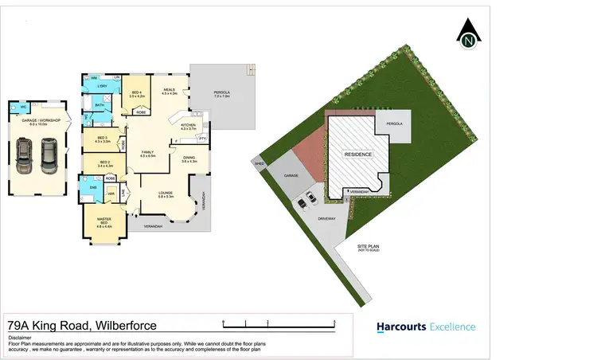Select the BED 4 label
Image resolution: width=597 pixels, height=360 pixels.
135,93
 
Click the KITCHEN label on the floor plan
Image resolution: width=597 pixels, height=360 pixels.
189,127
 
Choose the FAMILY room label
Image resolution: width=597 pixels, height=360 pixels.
147,152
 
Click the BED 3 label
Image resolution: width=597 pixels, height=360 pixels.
102,139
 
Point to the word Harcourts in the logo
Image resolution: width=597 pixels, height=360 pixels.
400,327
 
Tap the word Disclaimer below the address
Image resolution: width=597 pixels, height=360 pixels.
20,337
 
